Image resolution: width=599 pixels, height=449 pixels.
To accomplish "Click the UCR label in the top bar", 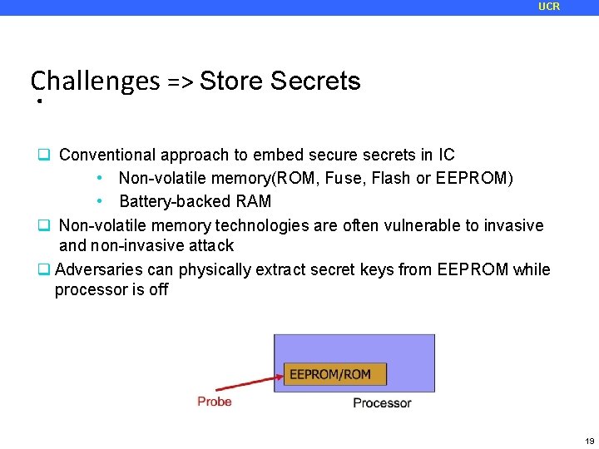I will pyautogui.click(x=549, y=7).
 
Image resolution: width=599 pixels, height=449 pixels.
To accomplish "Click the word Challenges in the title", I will pyautogui.click(x=95, y=81).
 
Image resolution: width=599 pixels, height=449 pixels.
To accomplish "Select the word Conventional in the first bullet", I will pyautogui.click(x=107, y=155).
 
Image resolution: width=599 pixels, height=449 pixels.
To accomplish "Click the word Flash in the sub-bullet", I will pyautogui.click(x=393, y=178).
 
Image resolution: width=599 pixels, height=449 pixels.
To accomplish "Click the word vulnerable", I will pyautogui.click(x=395, y=225).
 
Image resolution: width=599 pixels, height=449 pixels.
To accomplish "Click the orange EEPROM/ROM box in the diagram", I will pyautogui.click(x=334, y=374).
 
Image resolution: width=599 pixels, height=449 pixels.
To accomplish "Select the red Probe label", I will pyautogui.click(x=215, y=402).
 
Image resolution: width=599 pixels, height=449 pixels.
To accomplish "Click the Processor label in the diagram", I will pyautogui.click(x=382, y=403).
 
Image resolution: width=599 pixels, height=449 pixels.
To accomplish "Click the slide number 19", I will pyautogui.click(x=589, y=441).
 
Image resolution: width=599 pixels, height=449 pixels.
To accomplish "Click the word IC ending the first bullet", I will pyautogui.click(x=447, y=155).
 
